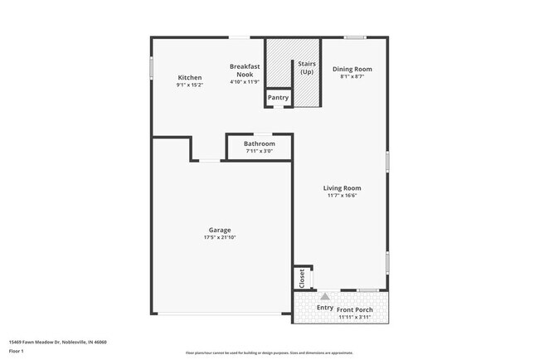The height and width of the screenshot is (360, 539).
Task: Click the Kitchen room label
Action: point(189,77)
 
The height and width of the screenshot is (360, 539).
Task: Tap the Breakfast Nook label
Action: point(245,69)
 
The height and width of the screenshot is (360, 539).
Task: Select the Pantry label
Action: point(278,98)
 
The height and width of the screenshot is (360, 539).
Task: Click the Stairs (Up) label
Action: point(305,67)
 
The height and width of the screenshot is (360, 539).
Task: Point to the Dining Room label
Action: point(352,69)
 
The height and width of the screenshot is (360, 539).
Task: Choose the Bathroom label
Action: point(259,144)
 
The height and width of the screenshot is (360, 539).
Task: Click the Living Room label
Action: point(342,188)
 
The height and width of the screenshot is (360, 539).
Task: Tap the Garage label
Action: point(220,230)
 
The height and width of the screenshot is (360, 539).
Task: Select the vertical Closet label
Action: point(302,277)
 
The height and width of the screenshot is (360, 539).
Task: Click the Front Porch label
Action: point(356,309)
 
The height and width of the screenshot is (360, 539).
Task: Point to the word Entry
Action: point(325,308)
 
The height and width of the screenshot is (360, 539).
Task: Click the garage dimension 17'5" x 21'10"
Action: point(220,238)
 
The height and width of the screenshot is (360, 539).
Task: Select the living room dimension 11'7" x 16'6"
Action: point(342,196)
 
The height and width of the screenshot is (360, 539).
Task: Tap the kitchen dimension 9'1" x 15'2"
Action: point(189,85)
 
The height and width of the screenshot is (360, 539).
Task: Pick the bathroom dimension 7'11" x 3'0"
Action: point(259,151)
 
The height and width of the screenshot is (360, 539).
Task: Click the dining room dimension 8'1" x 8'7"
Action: point(352,76)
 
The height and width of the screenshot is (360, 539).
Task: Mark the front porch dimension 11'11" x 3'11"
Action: point(356,317)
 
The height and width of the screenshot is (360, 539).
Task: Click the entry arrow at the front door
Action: point(325,295)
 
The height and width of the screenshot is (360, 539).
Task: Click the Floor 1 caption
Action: point(17,351)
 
